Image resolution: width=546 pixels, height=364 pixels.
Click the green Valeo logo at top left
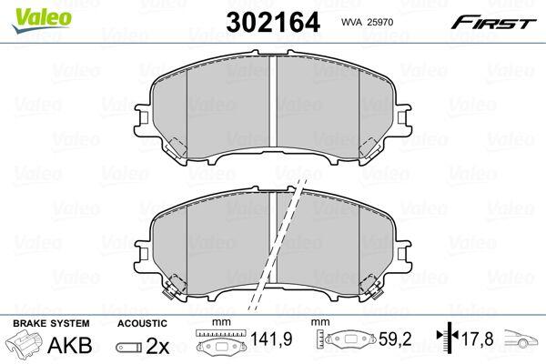41,21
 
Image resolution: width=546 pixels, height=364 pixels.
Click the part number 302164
273,22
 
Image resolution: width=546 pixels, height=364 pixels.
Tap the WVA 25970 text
367,22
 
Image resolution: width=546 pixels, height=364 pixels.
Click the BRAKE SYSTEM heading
51,323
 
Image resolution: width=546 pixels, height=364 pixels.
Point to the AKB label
70,345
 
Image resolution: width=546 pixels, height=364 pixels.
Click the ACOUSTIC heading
142,323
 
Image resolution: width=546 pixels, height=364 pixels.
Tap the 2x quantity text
157,346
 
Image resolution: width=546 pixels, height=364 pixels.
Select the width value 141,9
271,339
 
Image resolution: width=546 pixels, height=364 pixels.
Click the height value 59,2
395,339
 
